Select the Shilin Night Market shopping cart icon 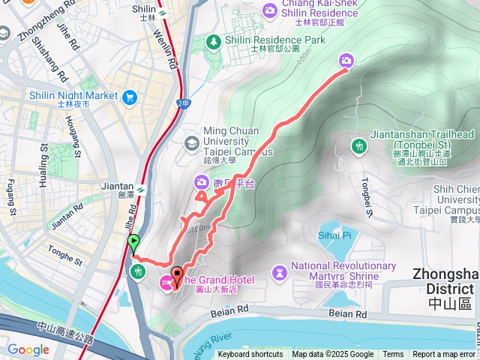pos(130,96)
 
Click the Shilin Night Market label pos(73,96)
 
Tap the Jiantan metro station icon pos(140,189)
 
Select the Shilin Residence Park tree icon pos(214,40)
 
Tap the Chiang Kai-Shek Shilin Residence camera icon pos(269,10)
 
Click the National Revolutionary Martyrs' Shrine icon pos(279,270)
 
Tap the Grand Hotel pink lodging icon pos(164,282)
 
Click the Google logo pos(28,350)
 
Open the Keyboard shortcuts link pos(250,355)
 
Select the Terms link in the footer pos(393,355)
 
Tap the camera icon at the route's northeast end pos(346,61)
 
